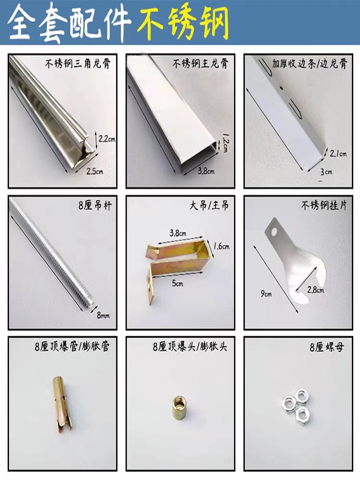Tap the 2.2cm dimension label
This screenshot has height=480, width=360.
107,139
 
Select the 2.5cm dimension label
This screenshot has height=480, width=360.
95,171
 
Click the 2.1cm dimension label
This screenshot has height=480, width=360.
338,154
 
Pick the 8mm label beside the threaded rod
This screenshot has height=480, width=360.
103,315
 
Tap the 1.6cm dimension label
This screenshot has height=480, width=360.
221,246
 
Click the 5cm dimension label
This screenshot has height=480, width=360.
178,284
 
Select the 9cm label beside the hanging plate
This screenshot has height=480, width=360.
266,294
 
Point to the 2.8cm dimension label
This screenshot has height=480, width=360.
316,289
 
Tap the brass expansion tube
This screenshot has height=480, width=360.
62,404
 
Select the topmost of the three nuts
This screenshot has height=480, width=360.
301,394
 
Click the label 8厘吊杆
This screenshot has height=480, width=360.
95,205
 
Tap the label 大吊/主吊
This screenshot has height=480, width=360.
209,205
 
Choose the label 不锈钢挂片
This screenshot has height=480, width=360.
324,205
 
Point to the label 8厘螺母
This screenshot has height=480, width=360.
326,348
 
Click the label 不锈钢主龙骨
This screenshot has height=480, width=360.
201,64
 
